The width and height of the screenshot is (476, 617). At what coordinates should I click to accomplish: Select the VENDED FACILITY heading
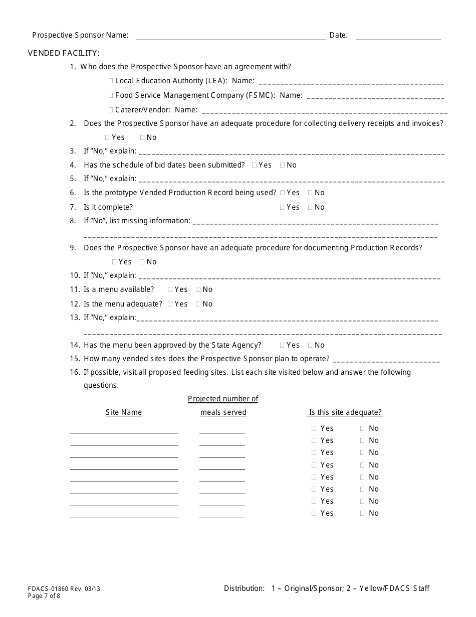(x=64, y=53)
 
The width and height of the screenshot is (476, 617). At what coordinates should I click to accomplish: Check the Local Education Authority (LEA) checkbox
(x=111, y=81)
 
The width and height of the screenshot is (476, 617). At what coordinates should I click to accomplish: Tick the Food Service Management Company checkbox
(x=111, y=95)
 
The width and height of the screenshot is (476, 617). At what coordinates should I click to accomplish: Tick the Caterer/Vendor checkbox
(x=111, y=110)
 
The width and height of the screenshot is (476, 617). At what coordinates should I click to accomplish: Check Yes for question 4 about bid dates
(x=255, y=165)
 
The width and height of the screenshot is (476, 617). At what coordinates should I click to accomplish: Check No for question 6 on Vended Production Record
(x=310, y=193)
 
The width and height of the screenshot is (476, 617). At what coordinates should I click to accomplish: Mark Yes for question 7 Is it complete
(x=283, y=207)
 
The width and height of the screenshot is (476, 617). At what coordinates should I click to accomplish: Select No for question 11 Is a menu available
(x=198, y=289)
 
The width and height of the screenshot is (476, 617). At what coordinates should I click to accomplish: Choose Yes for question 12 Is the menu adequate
(x=170, y=304)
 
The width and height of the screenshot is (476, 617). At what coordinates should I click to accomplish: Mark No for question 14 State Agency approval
(x=310, y=345)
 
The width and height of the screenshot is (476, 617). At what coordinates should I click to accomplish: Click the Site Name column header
(x=124, y=412)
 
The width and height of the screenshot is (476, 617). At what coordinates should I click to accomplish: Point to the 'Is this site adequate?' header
(x=345, y=412)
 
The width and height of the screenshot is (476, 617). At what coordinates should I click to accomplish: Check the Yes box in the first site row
(x=314, y=428)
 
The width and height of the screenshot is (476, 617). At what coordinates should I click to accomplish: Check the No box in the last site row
(x=362, y=513)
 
